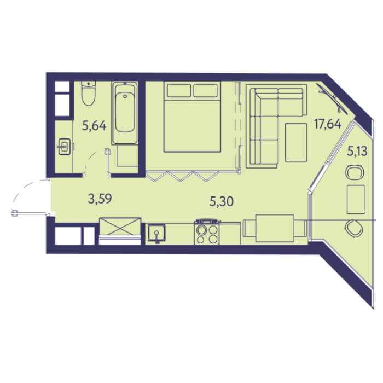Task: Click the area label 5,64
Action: (94, 126)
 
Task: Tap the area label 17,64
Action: (328, 124)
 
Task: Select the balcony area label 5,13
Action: (357, 151)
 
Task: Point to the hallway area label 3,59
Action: (100, 199)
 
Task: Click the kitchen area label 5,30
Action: (222, 202)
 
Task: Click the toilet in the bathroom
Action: (89, 93)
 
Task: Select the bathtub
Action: (125, 113)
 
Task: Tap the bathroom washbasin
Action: (65, 147)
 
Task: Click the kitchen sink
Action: (156, 233)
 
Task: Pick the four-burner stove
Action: (207, 233)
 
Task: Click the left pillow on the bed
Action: (179, 90)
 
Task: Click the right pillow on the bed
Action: (205, 90)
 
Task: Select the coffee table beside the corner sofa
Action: (296, 142)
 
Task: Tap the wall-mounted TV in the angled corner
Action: (332, 98)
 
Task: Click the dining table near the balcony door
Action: (275, 228)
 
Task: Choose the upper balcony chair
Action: (355, 172)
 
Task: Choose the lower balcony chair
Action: (354, 229)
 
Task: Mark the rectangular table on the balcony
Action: (356, 200)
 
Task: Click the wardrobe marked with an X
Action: (120, 227)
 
